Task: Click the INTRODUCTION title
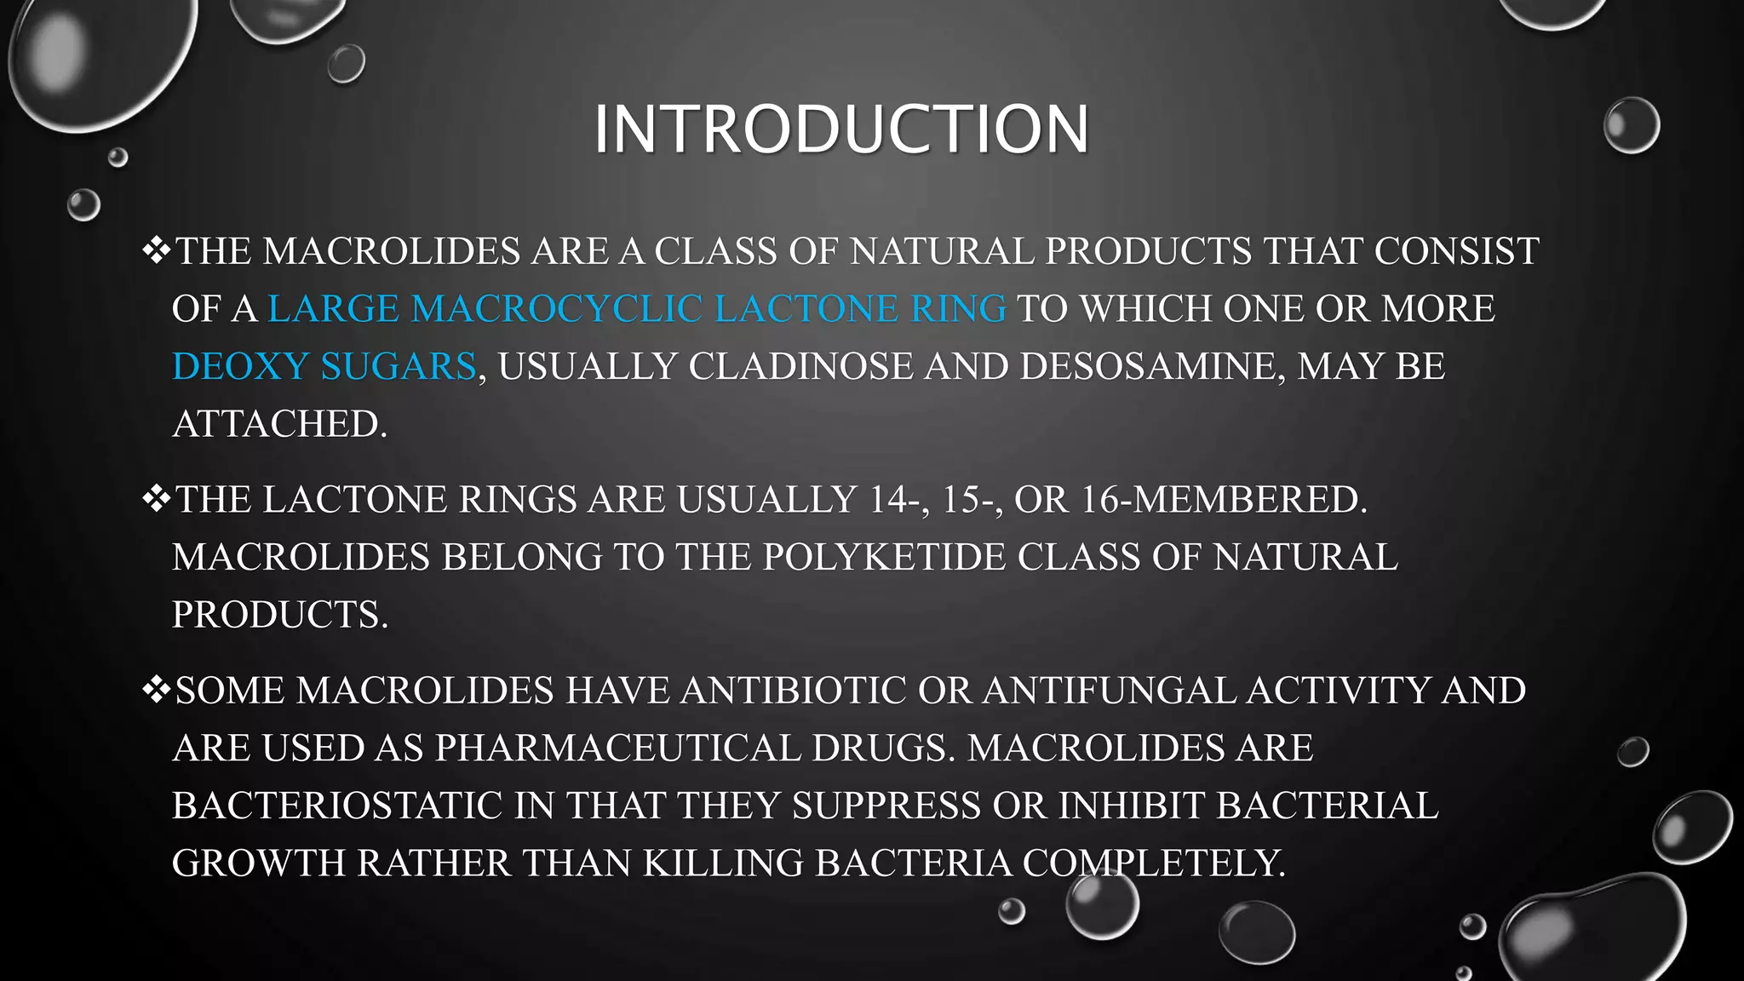click(x=840, y=129)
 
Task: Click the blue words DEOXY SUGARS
click(x=324, y=366)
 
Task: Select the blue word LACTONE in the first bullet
click(x=806, y=308)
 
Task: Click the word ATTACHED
click(x=279, y=424)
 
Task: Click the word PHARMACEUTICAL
click(x=618, y=748)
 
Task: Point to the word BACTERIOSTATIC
click(x=337, y=806)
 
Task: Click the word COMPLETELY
click(x=1154, y=863)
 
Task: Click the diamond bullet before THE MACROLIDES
click(x=156, y=250)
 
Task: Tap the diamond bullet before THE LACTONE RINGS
click(x=156, y=499)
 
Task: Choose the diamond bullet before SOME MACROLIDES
click(x=156, y=690)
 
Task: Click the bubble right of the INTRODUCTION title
click(x=1631, y=125)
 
